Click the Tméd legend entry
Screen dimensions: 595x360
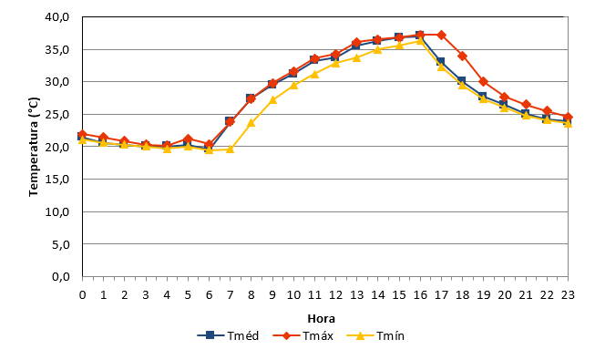click(x=229, y=335)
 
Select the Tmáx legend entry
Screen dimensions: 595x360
click(x=303, y=335)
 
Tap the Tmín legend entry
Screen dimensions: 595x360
click(x=375, y=335)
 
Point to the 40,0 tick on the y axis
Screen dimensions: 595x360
click(x=57, y=17)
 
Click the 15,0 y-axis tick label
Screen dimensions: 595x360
click(x=57, y=180)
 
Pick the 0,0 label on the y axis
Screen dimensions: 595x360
click(x=61, y=277)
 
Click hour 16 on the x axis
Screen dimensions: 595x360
click(x=420, y=295)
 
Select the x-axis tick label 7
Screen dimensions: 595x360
click(x=230, y=295)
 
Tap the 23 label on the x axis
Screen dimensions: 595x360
click(x=568, y=295)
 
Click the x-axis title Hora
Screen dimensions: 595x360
click(x=321, y=318)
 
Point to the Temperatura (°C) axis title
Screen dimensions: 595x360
click(x=34, y=147)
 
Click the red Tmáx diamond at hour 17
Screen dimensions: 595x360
click(x=441, y=35)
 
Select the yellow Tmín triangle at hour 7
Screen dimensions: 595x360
click(x=230, y=149)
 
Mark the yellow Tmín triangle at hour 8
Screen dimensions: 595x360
click(x=251, y=123)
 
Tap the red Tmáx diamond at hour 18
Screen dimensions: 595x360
click(x=462, y=56)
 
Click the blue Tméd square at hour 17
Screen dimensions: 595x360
click(x=440, y=62)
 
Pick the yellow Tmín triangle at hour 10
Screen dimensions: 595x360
click(x=293, y=85)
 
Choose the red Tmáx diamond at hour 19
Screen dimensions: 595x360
click(x=484, y=82)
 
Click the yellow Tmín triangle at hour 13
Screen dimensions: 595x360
click(x=356, y=57)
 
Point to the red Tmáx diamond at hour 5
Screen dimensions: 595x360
click(x=188, y=139)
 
